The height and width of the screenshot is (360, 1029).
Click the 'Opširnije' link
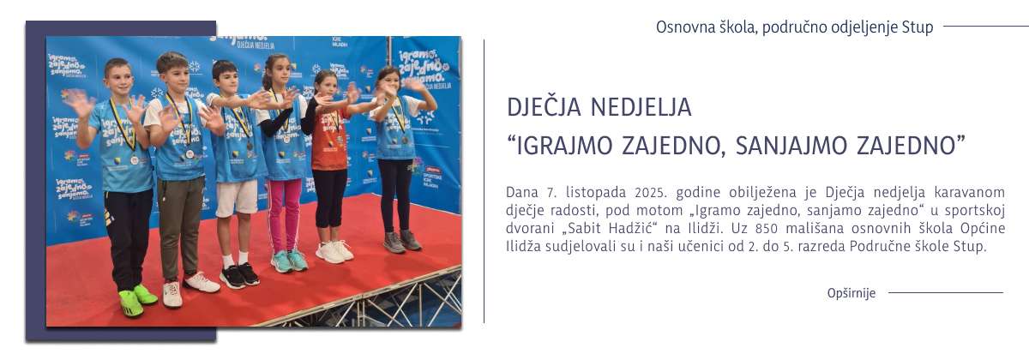851,293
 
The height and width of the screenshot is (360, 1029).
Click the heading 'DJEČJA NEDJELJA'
599,107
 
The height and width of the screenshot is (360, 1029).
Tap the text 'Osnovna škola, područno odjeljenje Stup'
794,27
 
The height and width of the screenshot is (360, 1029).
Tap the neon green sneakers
136,299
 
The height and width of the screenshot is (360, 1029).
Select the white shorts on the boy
237,197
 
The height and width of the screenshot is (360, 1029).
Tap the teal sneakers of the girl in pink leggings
289,261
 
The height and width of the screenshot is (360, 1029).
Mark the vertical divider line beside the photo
484,180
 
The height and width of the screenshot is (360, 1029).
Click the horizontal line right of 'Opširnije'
945,293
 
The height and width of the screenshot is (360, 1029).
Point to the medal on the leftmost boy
134,159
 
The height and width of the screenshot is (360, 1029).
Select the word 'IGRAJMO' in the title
561,146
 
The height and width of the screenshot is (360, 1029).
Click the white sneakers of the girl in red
334,251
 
